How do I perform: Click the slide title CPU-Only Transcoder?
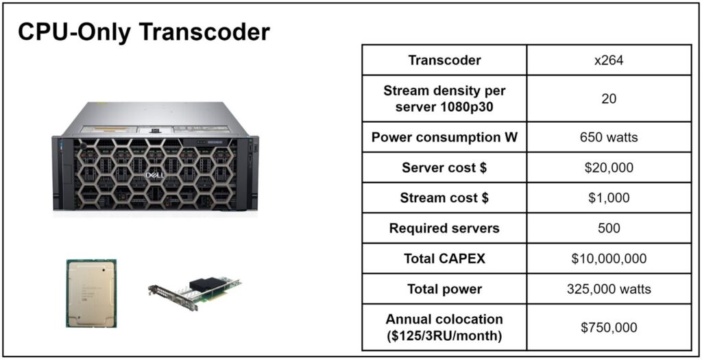(144, 32)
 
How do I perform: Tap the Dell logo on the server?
(155, 175)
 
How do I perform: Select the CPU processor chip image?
(91, 293)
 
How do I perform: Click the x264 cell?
(609, 60)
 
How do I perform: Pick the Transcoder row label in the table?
(444, 60)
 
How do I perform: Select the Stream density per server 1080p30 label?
(444, 99)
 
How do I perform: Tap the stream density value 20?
(609, 99)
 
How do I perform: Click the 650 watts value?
(609, 137)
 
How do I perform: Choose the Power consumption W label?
(444, 137)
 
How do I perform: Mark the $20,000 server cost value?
(609, 167)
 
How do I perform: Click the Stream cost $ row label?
(444, 198)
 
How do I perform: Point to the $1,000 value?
(609, 198)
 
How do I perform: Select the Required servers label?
(444, 228)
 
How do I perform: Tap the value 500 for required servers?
(609, 228)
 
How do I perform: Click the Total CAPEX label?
(444, 259)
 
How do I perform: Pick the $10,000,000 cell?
(609, 259)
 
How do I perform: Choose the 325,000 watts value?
(609, 289)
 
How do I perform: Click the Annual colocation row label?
(444, 327)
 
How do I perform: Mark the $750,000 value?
(609, 327)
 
